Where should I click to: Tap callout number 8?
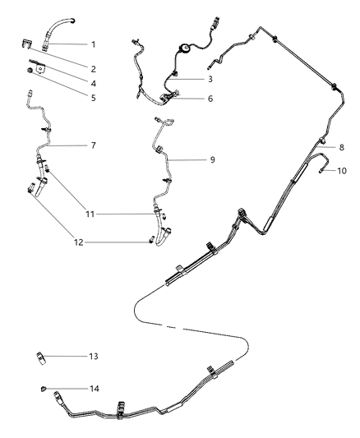(340, 147)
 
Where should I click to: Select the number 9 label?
(211, 159)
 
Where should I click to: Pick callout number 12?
(93, 242)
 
